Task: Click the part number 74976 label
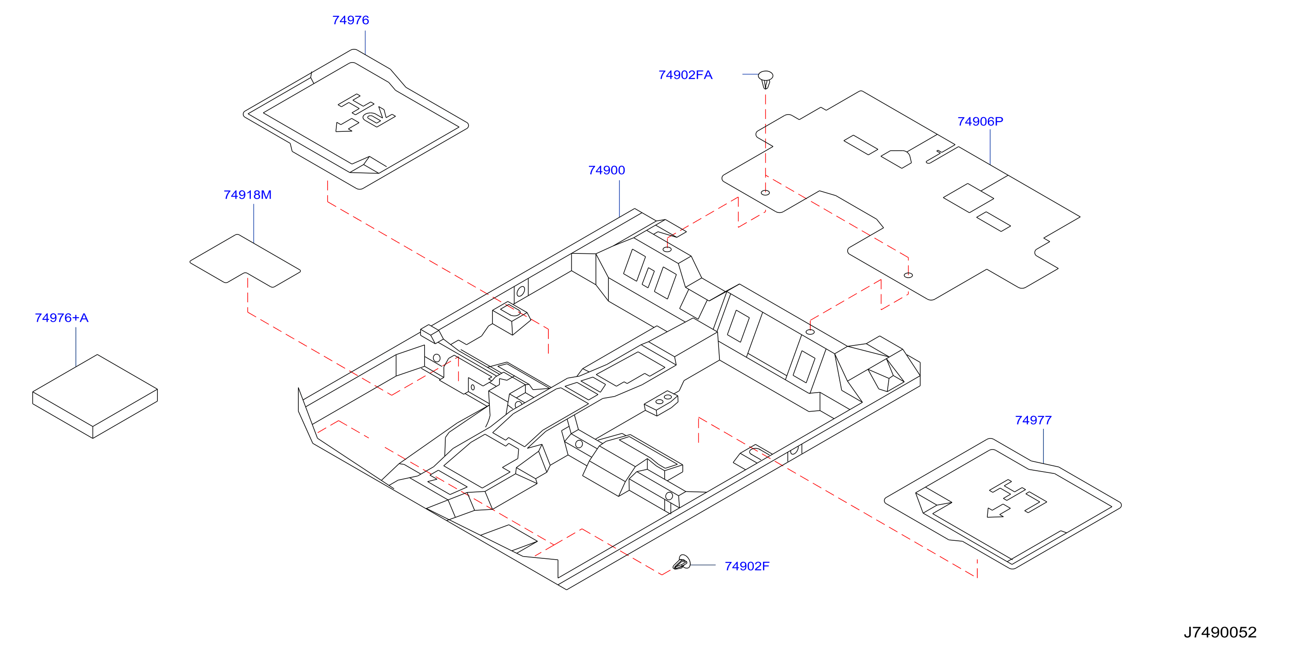coord(350,20)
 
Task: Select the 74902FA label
coord(685,75)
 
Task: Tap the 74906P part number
coord(980,122)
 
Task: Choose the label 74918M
coord(248,195)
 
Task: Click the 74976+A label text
coord(61,318)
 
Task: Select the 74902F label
coord(747,566)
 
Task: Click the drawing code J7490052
coord(1220,633)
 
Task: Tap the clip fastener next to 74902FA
coord(766,80)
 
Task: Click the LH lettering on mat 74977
coord(1018,496)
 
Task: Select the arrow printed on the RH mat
coord(347,126)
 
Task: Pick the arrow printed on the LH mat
coord(998,511)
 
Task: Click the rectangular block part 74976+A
coord(95,396)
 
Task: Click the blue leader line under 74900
coord(619,199)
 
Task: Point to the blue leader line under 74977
coord(1043,446)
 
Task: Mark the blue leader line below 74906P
coord(990,147)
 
